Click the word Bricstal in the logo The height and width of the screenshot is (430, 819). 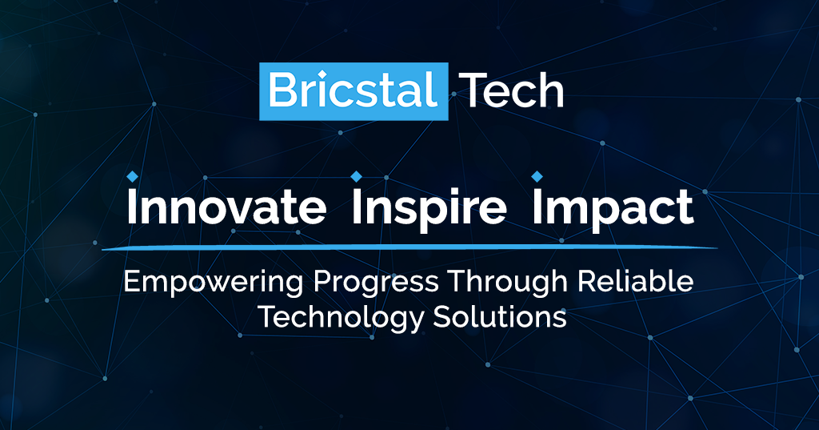pos(353,91)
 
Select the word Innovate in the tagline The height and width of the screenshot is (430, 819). pos(227,208)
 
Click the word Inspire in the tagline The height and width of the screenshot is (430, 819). pos(429,208)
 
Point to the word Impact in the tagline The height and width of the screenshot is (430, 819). pos(613,208)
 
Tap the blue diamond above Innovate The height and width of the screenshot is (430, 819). pos(133,175)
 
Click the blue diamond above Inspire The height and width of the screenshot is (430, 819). pos(357,175)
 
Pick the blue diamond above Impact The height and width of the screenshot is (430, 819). pos(537,175)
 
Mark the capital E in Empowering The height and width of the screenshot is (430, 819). pos(130,283)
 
